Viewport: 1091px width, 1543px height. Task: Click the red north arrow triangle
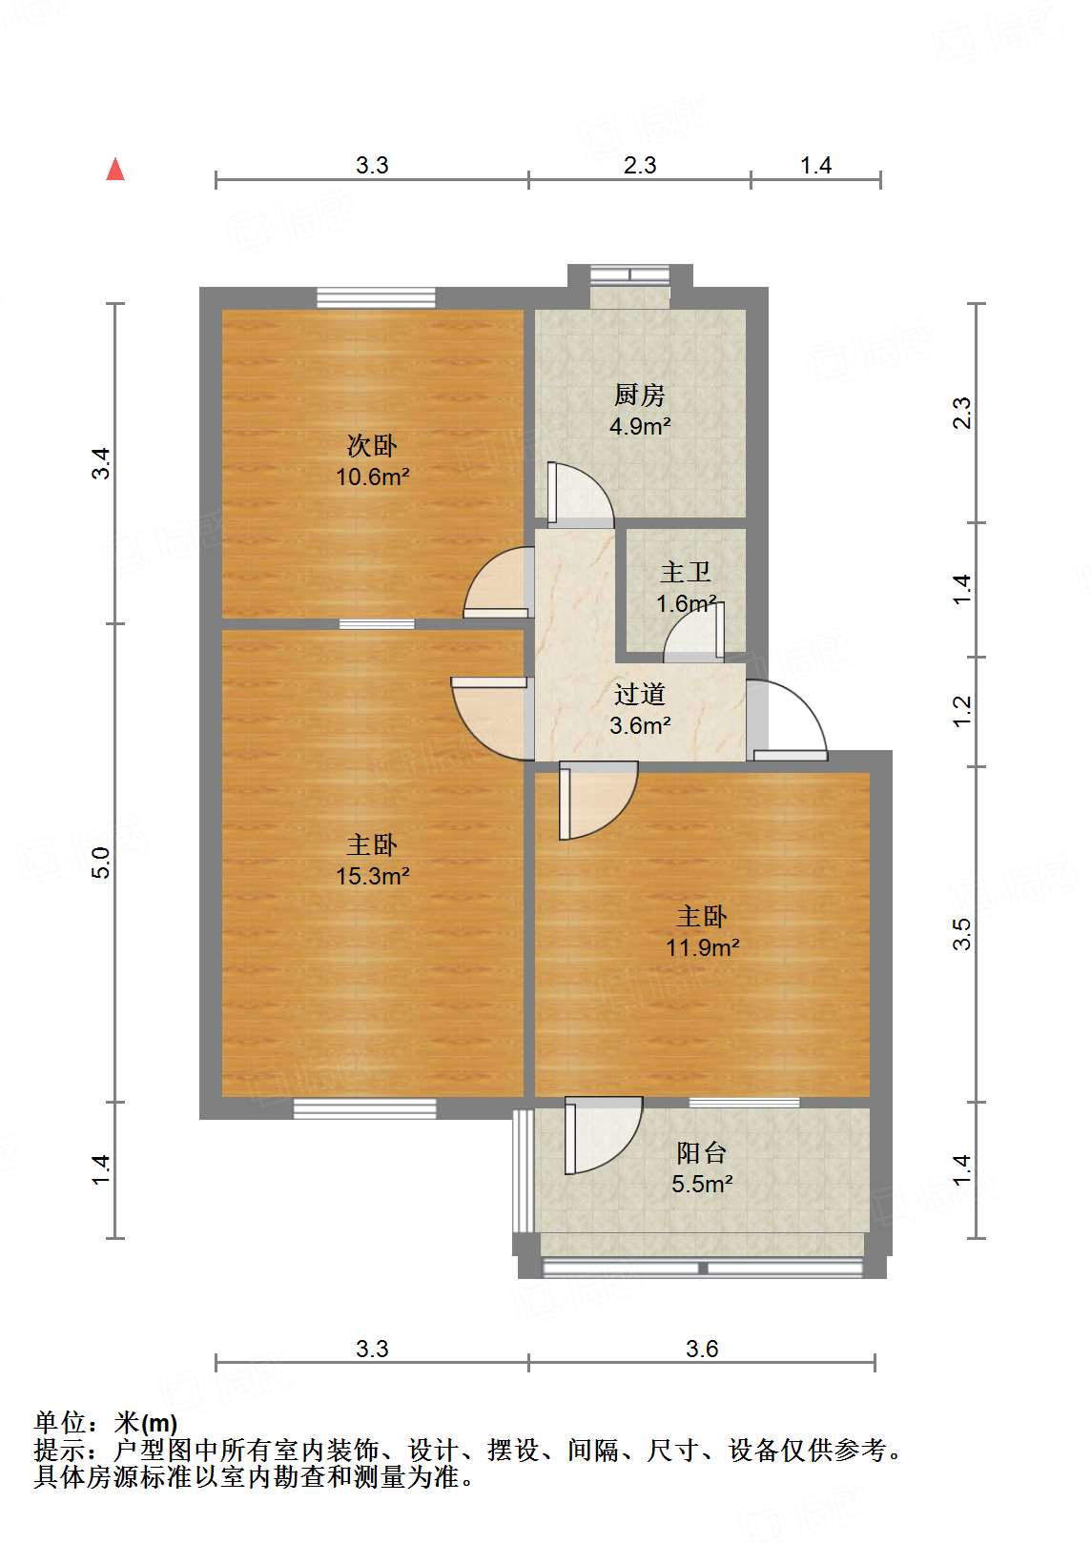point(115,170)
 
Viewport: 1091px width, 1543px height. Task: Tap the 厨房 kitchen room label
point(639,410)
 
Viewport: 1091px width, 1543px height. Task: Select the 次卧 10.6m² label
point(372,460)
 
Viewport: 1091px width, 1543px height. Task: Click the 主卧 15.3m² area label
point(372,860)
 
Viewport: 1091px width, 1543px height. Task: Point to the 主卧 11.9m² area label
point(702,931)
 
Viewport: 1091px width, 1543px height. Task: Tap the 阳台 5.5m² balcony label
point(702,1167)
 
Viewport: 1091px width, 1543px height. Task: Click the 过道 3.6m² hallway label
point(639,709)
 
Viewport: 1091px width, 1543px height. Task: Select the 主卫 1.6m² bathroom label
point(686,587)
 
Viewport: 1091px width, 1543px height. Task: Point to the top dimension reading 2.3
point(640,165)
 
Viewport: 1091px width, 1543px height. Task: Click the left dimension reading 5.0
point(101,862)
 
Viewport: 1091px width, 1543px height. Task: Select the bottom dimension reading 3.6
point(702,1349)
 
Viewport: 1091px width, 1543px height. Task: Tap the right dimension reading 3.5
point(961,933)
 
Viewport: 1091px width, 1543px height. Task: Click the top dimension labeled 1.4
point(815,165)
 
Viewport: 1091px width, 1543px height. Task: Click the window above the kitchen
point(629,275)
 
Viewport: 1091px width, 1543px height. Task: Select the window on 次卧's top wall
point(376,297)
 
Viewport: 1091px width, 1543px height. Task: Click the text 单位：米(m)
point(106,1423)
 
